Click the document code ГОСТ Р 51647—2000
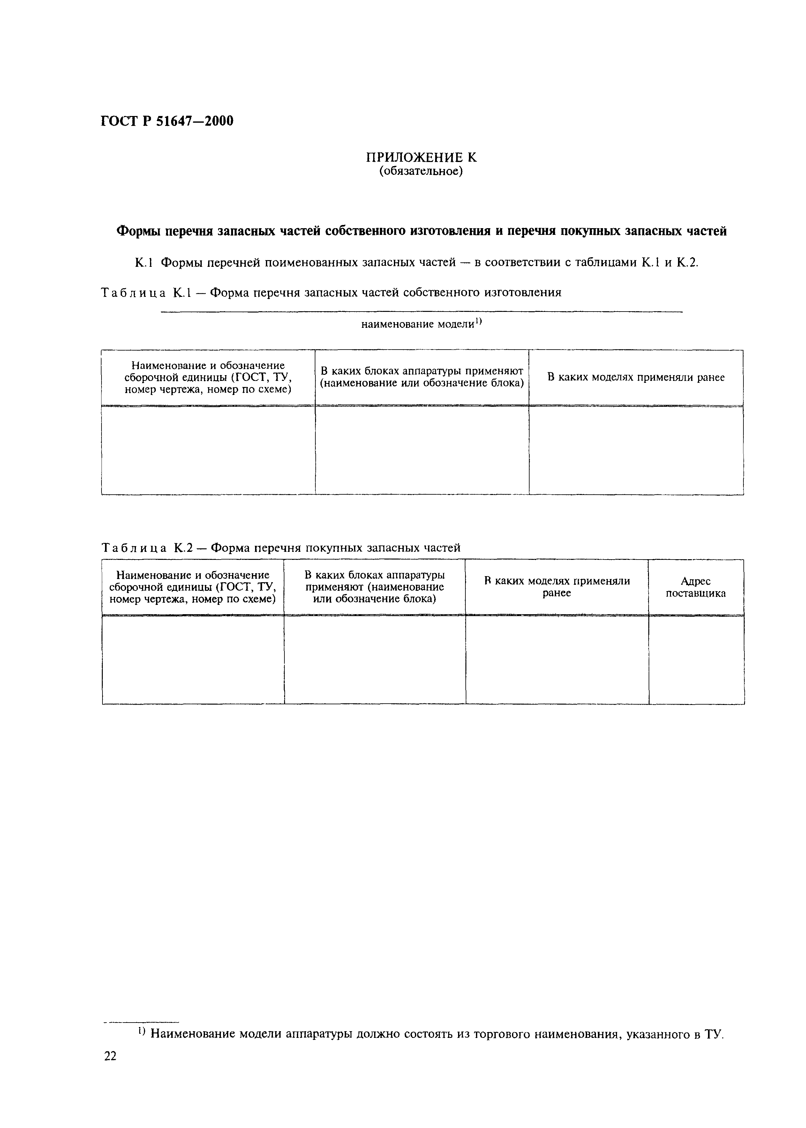click(167, 121)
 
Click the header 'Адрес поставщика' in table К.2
click(696, 587)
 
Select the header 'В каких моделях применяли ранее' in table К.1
click(636, 377)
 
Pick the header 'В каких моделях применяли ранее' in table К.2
click(557, 587)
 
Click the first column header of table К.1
click(208, 377)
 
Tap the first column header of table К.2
click(192, 587)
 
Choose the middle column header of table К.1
click(422, 377)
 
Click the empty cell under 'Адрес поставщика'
click(696, 660)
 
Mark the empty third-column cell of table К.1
click(636, 450)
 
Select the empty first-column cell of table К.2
click(193, 660)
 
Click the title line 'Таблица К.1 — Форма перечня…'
click(331, 293)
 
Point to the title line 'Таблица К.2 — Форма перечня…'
click(281, 548)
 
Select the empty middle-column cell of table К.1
click(422, 450)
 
